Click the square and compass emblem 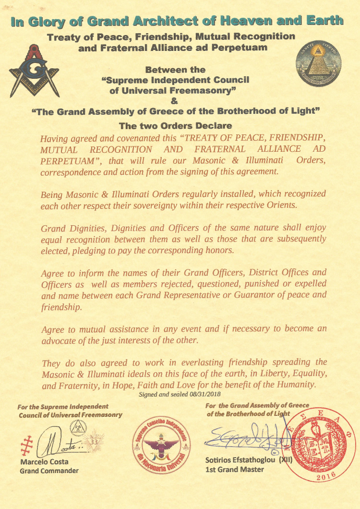point(34,70)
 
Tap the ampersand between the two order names point(174,101)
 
